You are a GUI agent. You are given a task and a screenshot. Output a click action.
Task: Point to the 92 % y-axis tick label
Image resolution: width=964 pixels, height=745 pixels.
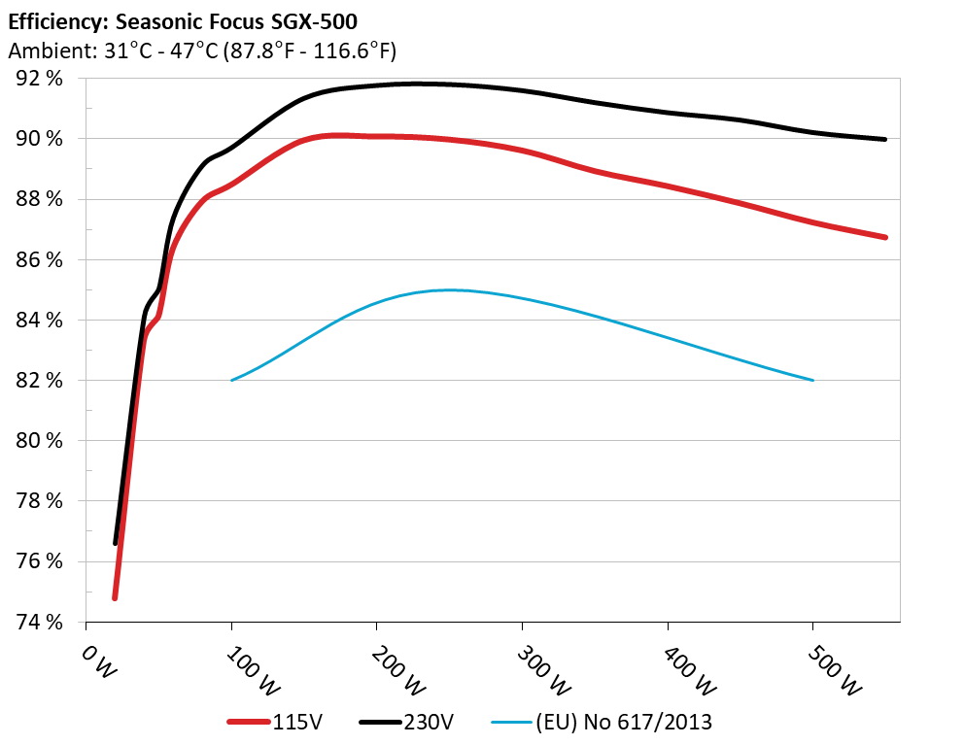40,79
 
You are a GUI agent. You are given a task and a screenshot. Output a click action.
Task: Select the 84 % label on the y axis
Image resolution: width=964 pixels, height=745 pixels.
40,321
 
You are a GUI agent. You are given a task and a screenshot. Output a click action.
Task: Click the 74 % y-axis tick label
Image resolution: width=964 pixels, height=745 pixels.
40,622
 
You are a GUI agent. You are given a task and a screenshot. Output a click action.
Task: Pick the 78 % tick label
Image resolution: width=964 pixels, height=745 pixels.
40,501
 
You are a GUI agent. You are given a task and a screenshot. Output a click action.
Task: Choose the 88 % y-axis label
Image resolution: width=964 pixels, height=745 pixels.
40,199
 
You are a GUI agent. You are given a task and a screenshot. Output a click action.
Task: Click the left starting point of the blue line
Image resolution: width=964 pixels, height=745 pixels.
231,380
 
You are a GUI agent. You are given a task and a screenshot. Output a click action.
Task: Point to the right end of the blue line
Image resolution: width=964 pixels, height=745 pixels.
812,380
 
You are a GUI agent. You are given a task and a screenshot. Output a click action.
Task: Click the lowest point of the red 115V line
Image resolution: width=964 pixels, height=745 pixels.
115,597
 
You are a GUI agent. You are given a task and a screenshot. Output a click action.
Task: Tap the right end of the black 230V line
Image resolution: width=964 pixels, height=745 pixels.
885,139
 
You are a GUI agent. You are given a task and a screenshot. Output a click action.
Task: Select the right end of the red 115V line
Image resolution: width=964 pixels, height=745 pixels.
885,237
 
